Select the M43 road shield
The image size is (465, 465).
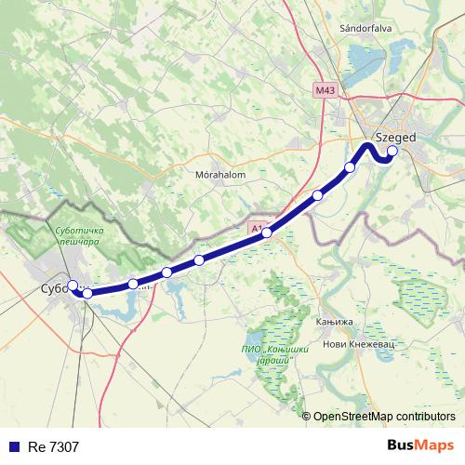325,90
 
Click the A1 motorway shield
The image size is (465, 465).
257,226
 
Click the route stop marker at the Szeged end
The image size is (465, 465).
392,151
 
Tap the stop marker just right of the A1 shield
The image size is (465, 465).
267,232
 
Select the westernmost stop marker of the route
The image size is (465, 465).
73,286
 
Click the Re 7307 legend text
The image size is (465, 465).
55,446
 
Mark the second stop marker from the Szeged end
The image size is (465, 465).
350,167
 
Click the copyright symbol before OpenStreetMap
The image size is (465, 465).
307,416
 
